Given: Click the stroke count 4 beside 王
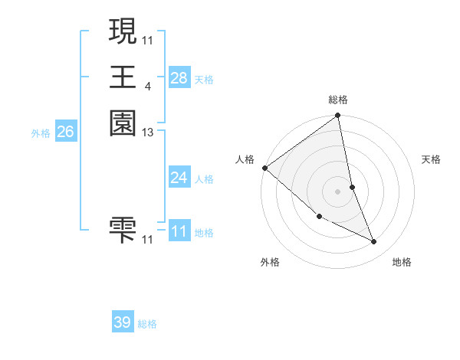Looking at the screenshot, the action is [147, 86].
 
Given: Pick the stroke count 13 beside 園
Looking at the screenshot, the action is [148, 133].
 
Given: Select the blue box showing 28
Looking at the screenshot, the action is [179, 78].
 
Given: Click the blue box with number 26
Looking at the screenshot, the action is [65, 132].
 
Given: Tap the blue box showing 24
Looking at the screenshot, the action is [179, 178].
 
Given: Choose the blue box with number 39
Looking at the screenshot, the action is [123, 322].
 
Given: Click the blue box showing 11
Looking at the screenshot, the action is [179, 231].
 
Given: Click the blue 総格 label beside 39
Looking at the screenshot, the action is [147, 325].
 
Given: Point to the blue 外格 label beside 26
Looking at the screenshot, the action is [41, 133].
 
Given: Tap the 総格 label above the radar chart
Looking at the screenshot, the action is [338, 100].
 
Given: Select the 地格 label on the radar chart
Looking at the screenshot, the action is [402, 262].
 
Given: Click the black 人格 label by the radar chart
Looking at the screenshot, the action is [245, 159].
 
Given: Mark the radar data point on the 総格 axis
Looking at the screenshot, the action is [338, 116].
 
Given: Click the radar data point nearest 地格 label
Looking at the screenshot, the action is [374, 242].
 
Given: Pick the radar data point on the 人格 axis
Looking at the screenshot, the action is [264, 168].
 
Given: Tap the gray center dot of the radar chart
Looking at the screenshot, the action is [338, 191].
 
